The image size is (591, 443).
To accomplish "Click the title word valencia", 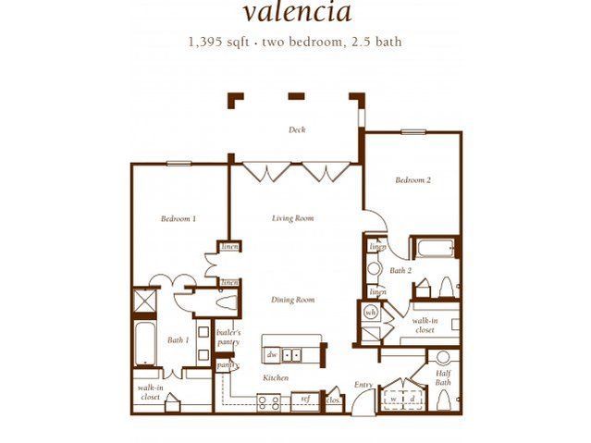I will click(297, 14).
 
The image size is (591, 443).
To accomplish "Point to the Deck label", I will click(297, 130).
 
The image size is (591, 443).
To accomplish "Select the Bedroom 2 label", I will click(413, 180).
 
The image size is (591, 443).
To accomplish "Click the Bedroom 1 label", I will click(179, 219).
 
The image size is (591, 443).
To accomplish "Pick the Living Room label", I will click(292, 219).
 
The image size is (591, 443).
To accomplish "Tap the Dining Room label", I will click(293, 300).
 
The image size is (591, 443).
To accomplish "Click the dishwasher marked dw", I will click(272, 354).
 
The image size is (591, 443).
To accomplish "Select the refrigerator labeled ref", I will click(304, 400).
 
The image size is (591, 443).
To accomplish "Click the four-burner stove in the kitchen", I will click(268, 401).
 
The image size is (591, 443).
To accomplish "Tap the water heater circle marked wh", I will click(371, 313).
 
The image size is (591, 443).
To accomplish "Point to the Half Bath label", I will click(443, 377).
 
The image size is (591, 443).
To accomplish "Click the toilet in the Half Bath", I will click(442, 400).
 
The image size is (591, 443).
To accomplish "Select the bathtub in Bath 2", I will click(433, 248).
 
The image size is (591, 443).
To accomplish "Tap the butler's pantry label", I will click(228, 337).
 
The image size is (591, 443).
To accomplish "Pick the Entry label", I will click(364, 385).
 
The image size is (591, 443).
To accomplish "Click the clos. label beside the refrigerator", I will click(333, 400).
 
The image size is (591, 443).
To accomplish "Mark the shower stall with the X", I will click(145, 301).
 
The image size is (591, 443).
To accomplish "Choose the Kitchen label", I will click(275, 378).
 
